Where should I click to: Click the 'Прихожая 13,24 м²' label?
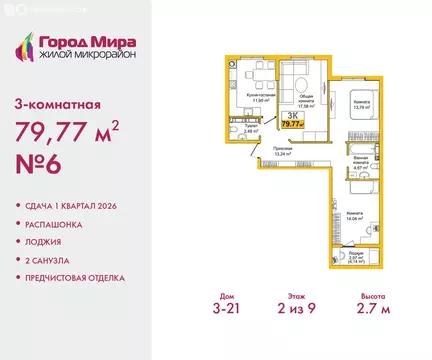282,151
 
